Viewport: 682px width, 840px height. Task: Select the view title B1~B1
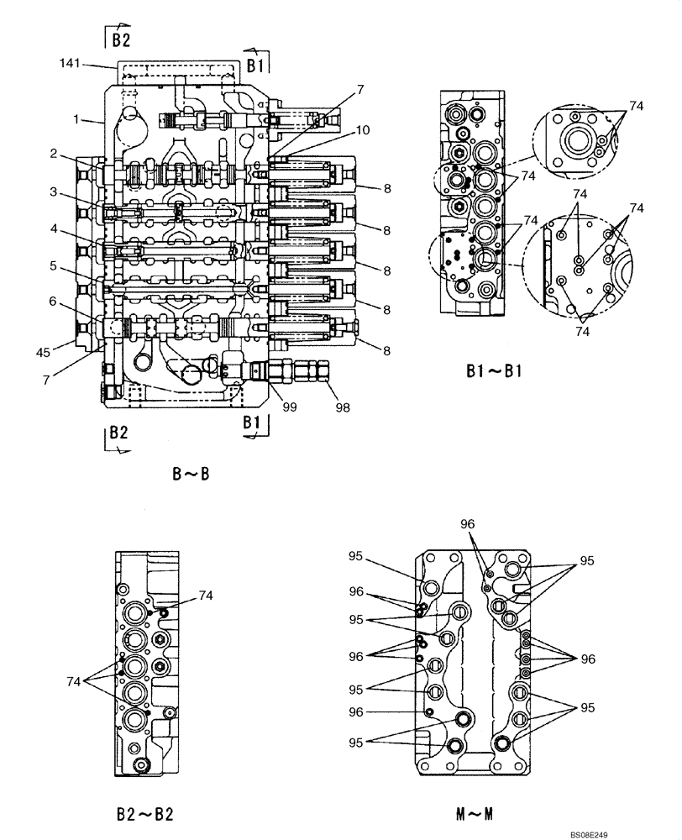pos(494,370)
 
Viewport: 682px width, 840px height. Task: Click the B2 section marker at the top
pos(118,36)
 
